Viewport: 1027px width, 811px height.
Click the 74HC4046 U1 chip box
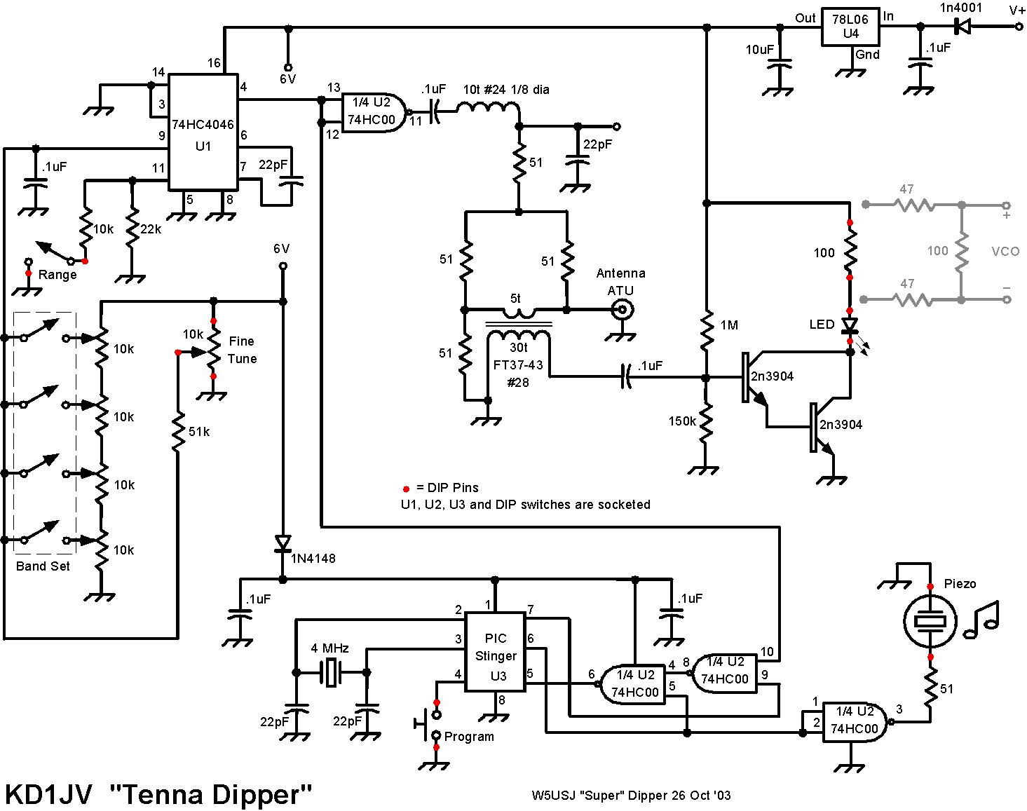click(x=203, y=132)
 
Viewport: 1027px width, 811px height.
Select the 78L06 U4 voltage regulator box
click(x=850, y=27)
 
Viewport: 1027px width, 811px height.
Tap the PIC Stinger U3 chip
click(x=495, y=652)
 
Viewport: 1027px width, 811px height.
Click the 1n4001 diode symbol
click(x=962, y=27)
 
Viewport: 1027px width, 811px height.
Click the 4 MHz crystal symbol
click(x=331, y=672)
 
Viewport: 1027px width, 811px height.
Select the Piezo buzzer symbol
click(x=930, y=621)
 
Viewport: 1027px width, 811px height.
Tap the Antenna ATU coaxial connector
click(x=623, y=311)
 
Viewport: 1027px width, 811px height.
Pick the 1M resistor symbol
click(x=707, y=329)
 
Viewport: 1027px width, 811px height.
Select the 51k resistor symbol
click(x=178, y=432)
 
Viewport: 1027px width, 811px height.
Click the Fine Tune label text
click(x=242, y=350)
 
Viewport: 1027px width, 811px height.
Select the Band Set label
click(x=43, y=566)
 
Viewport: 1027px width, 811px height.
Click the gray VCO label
click(x=1005, y=252)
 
